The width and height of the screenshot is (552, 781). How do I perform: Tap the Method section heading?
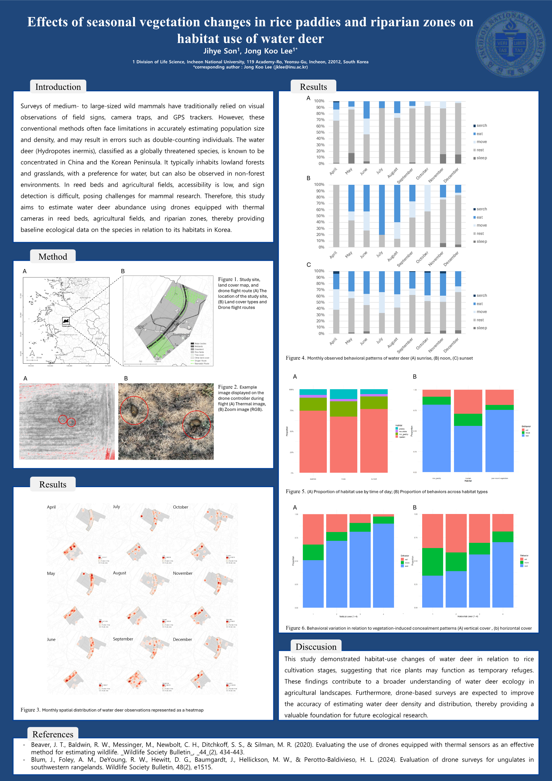(x=53, y=257)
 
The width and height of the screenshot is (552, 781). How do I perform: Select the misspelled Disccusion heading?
(x=316, y=647)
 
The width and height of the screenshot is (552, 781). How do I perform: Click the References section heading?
(x=53, y=734)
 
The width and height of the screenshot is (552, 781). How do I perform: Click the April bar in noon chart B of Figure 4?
(x=336, y=216)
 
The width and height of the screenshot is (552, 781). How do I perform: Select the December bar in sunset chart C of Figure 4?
(x=458, y=303)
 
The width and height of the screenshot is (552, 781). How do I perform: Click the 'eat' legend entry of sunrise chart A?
(x=479, y=134)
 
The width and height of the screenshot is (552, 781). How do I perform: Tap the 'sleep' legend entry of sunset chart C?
(x=481, y=328)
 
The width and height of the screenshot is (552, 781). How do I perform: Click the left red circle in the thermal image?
(x=63, y=419)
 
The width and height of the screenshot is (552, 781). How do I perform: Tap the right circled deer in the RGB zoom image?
(x=196, y=425)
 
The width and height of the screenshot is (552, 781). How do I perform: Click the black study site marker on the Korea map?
(x=66, y=320)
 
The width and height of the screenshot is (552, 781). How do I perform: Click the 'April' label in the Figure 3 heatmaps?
(x=51, y=507)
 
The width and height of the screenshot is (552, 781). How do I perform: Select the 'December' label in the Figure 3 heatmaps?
(x=182, y=639)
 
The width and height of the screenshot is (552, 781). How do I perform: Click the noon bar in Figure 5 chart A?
(x=344, y=431)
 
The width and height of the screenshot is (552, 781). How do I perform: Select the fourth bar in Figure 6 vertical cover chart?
(x=383, y=561)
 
